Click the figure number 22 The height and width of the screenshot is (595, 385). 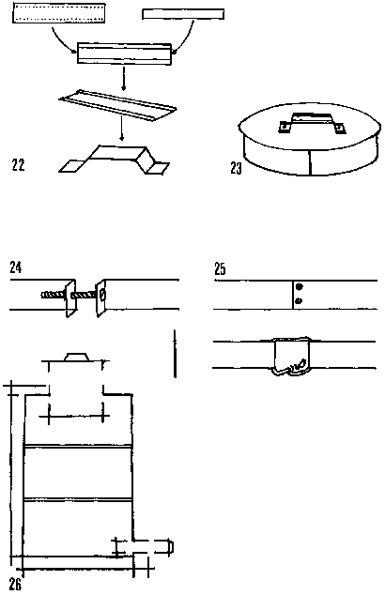click(18, 164)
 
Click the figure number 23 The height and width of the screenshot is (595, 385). click(236, 168)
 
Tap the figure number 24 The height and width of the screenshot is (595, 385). click(16, 267)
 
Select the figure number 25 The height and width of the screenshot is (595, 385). click(220, 268)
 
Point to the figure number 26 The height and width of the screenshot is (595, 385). click(15, 585)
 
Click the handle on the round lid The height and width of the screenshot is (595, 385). click(312, 123)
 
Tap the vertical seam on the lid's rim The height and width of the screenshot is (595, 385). click(310, 162)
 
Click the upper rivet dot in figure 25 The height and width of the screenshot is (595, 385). click(300, 286)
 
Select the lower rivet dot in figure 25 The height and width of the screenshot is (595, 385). click(299, 301)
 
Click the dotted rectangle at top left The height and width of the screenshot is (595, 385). click(59, 13)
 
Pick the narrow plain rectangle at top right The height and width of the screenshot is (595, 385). click(183, 14)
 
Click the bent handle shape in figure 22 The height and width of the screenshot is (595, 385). click(114, 160)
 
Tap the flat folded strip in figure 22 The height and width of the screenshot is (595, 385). click(117, 106)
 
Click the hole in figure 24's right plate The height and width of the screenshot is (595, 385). click(102, 295)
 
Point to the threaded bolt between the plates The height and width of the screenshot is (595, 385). click(69, 295)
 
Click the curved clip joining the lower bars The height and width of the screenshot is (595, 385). click(292, 356)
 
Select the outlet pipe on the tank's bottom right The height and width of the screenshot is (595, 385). click(153, 546)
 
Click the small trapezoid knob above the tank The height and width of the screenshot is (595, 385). click(77, 357)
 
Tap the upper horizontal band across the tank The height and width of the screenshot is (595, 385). click(78, 446)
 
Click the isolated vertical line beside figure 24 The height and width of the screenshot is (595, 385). click(175, 354)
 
